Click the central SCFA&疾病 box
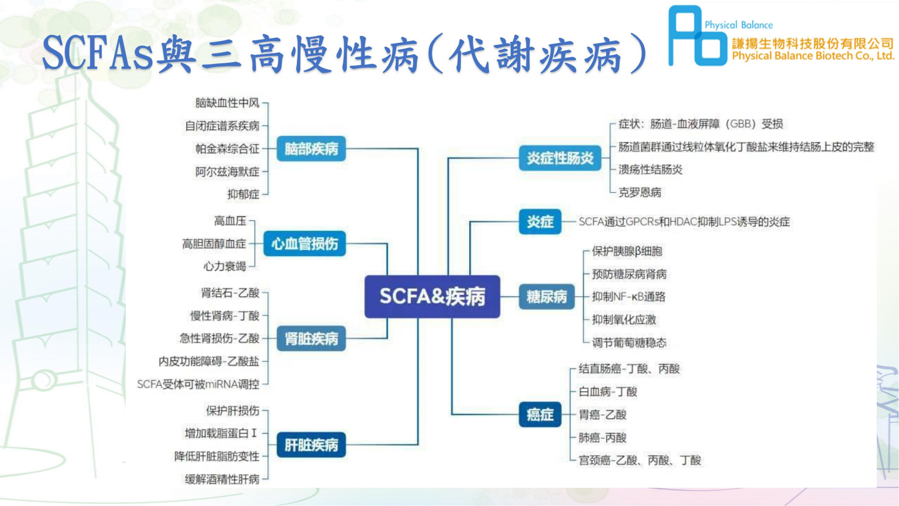point(432,297)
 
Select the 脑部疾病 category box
point(311,149)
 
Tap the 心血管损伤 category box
point(305,244)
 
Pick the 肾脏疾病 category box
point(311,338)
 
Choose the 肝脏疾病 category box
point(311,445)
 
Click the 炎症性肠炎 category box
point(560,158)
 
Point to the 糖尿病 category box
point(546,297)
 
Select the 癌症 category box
point(540,415)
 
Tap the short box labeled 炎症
point(540,221)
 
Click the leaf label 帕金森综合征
point(227,149)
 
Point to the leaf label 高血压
point(230,221)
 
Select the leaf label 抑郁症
point(243,194)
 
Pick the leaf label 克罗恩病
point(640,192)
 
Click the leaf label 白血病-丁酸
point(608,392)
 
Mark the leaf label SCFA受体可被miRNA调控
point(198,385)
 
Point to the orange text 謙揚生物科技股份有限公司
point(812,44)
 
